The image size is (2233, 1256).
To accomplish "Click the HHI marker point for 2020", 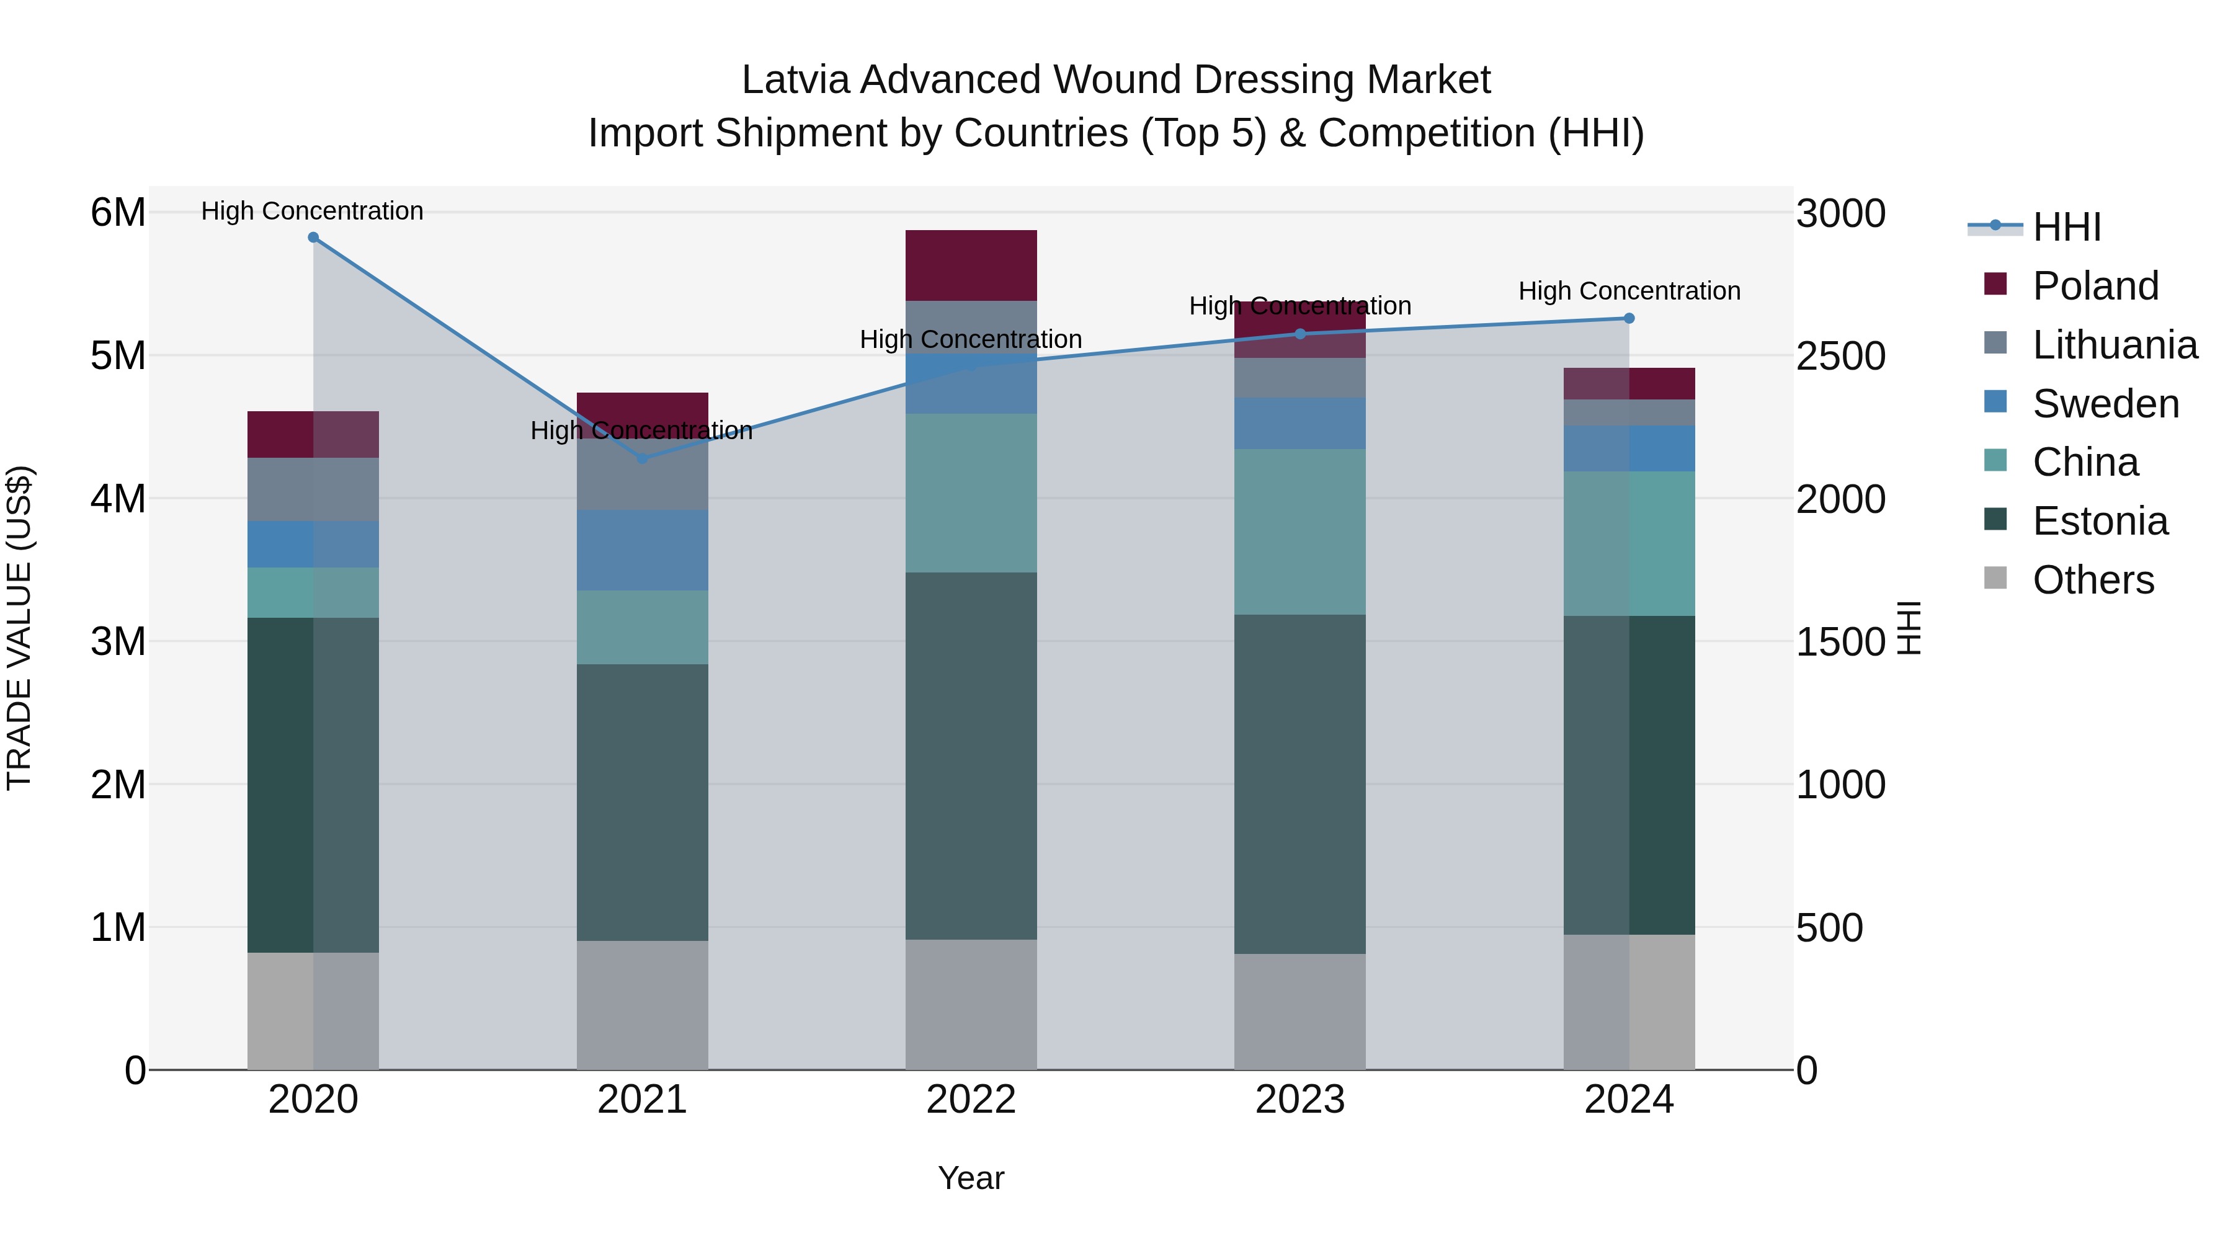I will pyautogui.click(x=313, y=238).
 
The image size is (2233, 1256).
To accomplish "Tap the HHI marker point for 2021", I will pyautogui.click(x=643, y=458).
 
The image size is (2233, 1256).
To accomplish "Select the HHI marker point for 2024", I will pyautogui.click(x=1629, y=318).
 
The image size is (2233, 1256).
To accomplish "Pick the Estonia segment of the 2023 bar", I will pyautogui.click(x=1299, y=785).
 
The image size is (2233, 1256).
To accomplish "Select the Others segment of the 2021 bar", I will pyautogui.click(x=643, y=1005).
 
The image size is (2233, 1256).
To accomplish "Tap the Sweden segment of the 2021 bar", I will pyautogui.click(x=643, y=550).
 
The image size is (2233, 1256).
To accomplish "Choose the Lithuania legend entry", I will pyautogui.click(x=2115, y=345).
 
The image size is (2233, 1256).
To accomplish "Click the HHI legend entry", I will pyautogui.click(x=2067, y=227).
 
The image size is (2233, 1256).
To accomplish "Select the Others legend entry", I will pyautogui.click(x=2093, y=580).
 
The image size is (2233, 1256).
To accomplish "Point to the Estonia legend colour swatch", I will pyautogui.click(x=1995, y=520).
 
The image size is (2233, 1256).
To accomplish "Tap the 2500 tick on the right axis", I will pyautogui.click(x=1840, y=356).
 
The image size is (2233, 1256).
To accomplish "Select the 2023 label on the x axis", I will pyautogui.click(x=1299, y=1100).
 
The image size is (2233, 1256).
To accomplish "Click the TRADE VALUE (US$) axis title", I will pyautogui.click(x=19, y=628).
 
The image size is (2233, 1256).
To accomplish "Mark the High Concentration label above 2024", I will pyautogui.click(x=1629, y=292).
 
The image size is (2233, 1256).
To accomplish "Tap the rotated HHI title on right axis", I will pyautogui.click(x=1910, y=628).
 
